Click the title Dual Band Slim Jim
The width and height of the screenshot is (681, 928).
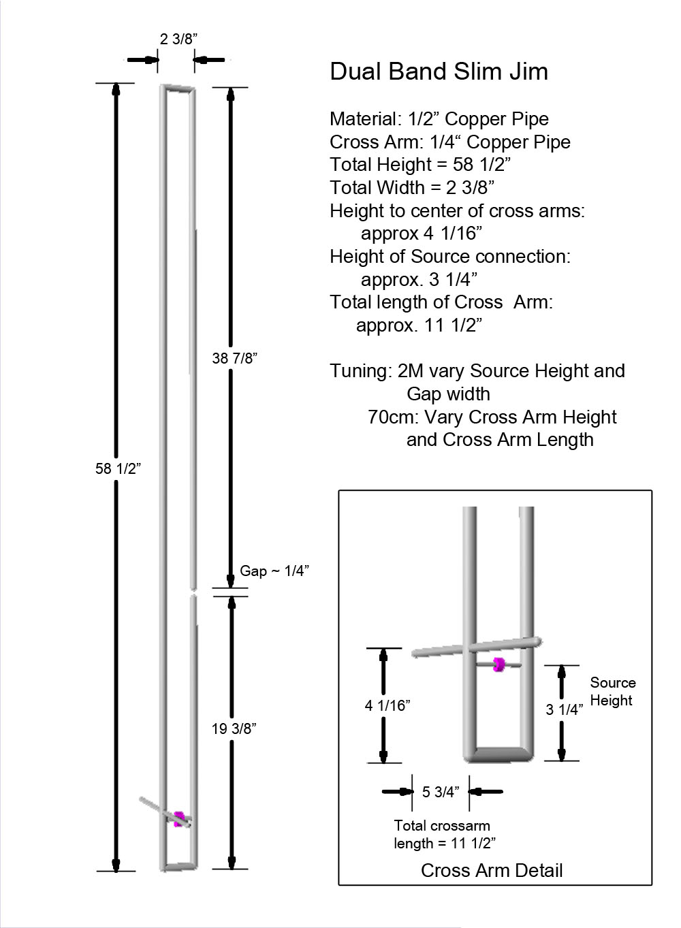439,71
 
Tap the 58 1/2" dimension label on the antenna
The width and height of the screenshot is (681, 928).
118,468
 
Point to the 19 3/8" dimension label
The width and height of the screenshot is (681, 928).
234,729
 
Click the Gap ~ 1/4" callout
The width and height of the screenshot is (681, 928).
274,571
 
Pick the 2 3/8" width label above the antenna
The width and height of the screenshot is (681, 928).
178,39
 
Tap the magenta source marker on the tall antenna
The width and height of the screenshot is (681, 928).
179,818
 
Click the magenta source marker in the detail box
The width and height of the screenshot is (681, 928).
499,665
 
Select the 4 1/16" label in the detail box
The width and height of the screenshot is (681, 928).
387,705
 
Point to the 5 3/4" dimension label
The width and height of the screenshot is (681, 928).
441,792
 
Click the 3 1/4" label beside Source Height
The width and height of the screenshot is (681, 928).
565,709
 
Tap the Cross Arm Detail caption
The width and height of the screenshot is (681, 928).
492,870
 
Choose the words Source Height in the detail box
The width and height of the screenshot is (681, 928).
612,691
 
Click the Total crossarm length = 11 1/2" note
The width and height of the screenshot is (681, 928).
443,834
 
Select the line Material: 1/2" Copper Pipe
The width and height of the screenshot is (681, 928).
439,119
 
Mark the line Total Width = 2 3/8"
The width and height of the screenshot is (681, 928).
411,187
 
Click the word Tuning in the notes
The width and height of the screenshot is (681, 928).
359,371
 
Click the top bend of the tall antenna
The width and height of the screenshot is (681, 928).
178,89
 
